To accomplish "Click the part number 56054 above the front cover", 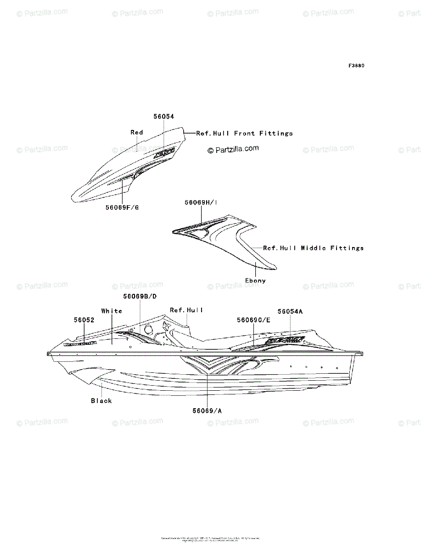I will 164,117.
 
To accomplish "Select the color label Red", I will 137,133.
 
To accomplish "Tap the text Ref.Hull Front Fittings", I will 244,134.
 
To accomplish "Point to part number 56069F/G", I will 122,208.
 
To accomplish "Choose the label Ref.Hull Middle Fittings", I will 313,248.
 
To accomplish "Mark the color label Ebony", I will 255,281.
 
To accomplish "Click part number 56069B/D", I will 140,297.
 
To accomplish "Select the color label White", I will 112,311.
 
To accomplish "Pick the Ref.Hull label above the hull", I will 186,310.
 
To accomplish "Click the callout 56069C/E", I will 253,320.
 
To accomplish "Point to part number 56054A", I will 290,312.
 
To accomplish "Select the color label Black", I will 101,401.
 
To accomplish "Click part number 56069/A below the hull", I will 208,411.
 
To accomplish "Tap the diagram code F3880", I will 356,66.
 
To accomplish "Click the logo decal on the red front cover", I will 164,152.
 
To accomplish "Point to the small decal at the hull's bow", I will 80,343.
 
